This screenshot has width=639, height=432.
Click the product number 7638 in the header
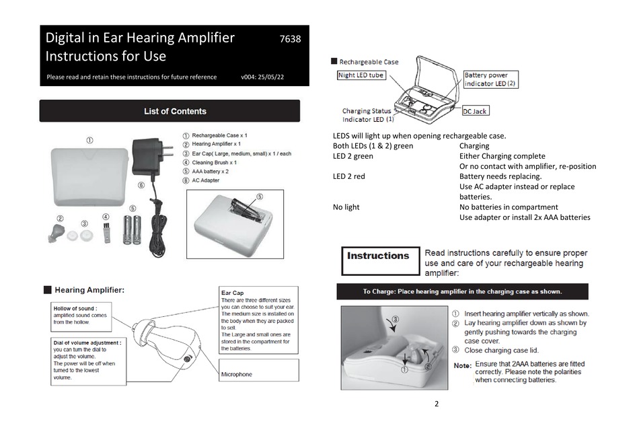coord(290,39)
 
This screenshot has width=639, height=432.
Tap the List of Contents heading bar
coord(170,111)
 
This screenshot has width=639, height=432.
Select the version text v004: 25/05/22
coord(262,77)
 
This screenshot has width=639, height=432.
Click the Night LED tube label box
coord(361,75)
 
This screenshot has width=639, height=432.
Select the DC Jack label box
coord(476,110)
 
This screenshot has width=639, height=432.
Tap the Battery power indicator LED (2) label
coord(490,79)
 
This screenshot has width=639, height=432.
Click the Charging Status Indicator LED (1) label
coord(368,115)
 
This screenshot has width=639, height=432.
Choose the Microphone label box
coord(259,371)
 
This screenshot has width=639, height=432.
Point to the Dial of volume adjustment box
coord(89,360)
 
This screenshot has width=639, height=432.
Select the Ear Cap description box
coord(259,322)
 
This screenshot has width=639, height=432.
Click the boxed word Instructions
coord(378,256)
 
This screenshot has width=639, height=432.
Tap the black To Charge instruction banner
coord(462,291)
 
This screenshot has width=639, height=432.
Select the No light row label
coord(346,207)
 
